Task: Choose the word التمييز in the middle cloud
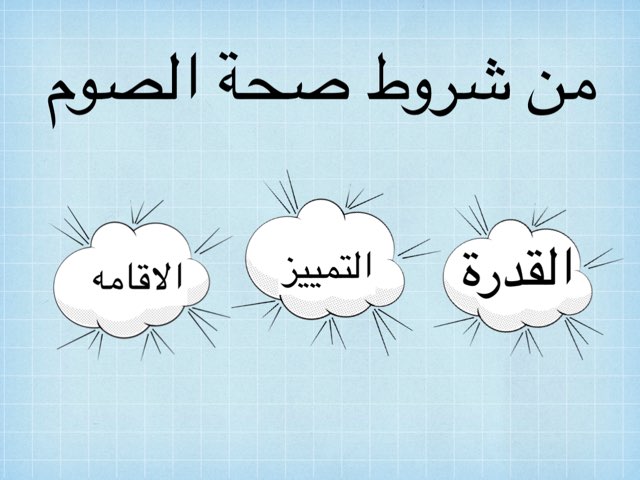323,269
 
